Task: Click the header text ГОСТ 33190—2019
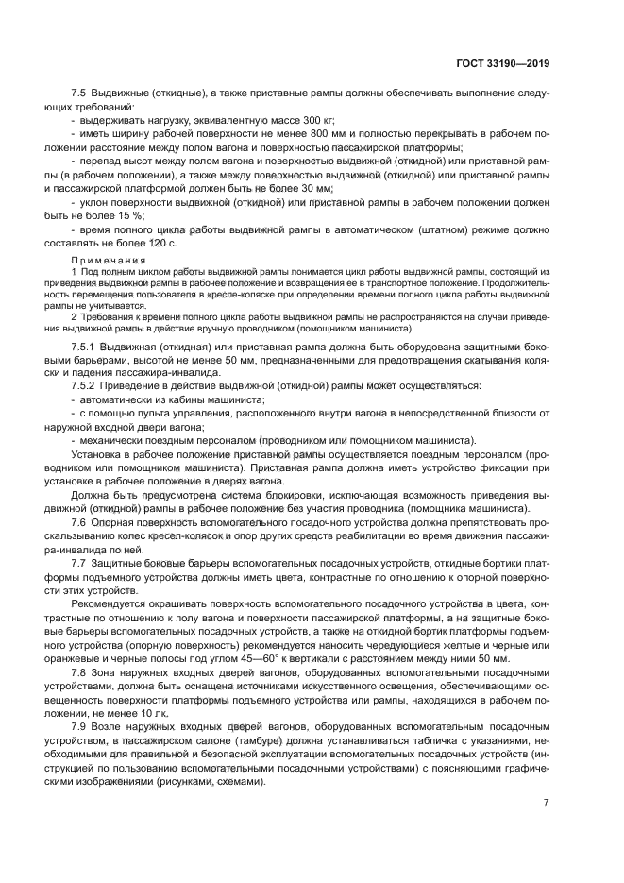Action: (x=501, y=63)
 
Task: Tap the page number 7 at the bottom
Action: (x=546, y=803)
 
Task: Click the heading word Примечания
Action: (x=109, y=260)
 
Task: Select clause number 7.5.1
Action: (x=89, y=348)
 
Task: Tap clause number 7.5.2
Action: (x=89, y=387)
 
